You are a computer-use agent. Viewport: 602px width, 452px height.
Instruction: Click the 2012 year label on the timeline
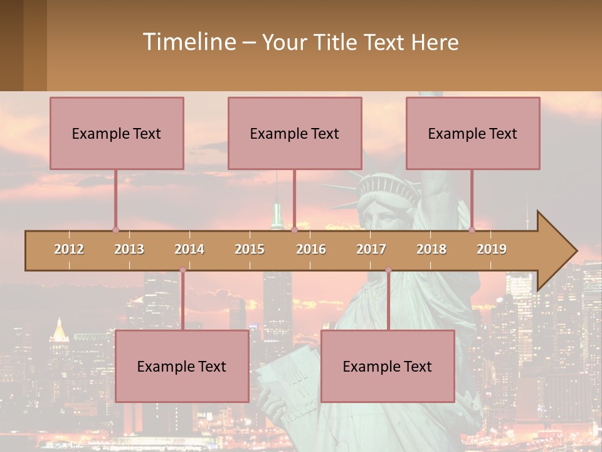click(x=69, y=249)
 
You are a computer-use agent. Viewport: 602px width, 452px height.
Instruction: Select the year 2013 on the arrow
click(x=129, y=249)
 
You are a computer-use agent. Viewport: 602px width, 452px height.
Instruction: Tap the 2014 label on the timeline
click(x=189, y=249)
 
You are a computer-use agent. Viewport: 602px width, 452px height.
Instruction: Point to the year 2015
click(x=250, y=249)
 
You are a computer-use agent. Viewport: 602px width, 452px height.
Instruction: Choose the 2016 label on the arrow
click(x=311, y=249)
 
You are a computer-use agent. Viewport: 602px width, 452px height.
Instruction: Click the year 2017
click(x=371, y=249)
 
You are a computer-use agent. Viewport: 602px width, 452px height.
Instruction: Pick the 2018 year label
click(x=431, y=249)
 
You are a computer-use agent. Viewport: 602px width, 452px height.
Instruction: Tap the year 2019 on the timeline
click(x=492, y=249)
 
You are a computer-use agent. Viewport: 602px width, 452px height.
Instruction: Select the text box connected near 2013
click(x=117, y=134)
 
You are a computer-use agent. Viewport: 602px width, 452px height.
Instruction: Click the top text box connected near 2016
click(x=295, y=134)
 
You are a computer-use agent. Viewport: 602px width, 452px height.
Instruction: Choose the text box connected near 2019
click(x=473, y=134)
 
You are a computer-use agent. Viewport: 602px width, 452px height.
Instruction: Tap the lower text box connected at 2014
click(x=182, y=366)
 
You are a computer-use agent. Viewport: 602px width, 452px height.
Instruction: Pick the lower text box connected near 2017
click(x=388, y=366)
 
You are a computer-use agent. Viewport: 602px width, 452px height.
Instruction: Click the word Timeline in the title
click(x=189, y=42)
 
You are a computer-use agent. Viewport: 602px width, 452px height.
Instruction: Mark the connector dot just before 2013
click(x=115, y=230)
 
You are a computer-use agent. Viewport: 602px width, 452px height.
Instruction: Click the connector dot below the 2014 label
click(x=182, y=270)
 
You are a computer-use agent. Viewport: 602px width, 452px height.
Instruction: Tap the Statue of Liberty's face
click(x=381, y=213)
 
